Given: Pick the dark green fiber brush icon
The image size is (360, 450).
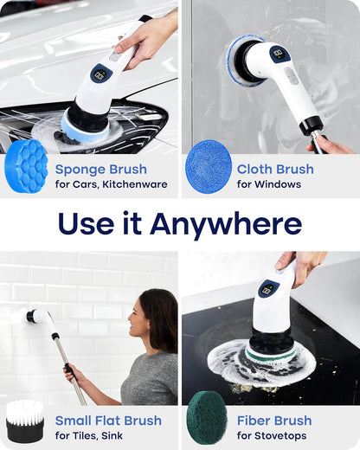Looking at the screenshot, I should point(208,418).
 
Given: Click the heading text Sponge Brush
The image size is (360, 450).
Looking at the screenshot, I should point(100,170).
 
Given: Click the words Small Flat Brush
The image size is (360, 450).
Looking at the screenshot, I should point(108,421).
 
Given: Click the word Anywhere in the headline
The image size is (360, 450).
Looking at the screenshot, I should point(226,224).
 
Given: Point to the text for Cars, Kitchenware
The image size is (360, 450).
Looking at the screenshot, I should point(111,184).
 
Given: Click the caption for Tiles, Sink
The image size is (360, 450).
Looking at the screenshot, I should point(96,435).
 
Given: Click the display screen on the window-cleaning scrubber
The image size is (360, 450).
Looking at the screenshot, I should point(280,55).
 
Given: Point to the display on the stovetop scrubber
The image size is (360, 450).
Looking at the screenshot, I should point(268,289).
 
